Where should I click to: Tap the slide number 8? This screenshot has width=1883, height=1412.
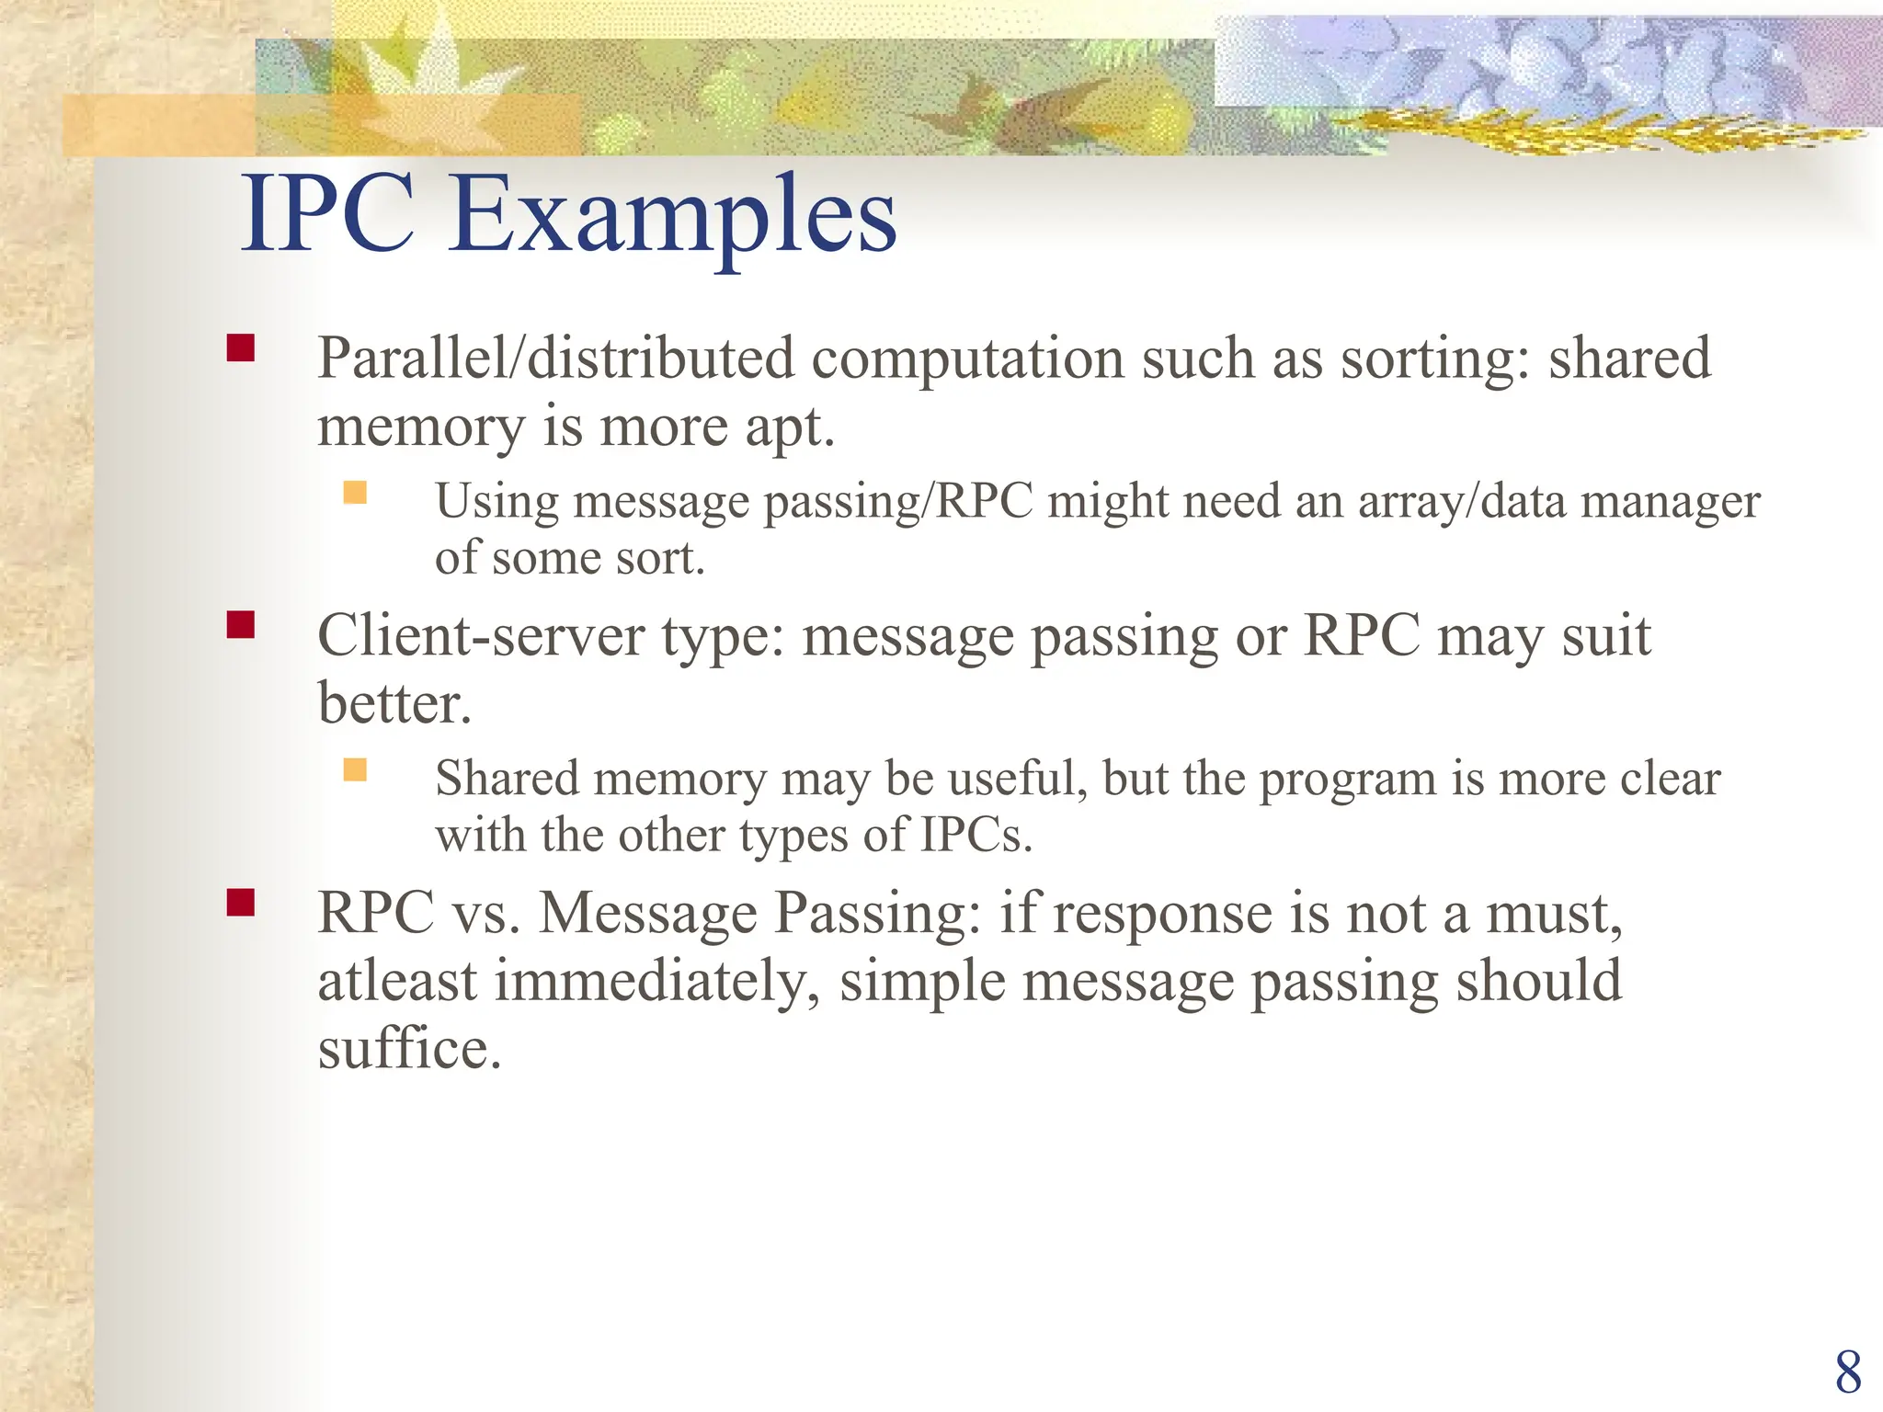pos(1847,1373)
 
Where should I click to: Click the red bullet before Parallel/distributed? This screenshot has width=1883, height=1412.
pos(241,347)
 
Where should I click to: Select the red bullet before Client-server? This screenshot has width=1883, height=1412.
pos(241,625)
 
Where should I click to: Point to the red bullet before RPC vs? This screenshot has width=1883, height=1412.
pos(241,903)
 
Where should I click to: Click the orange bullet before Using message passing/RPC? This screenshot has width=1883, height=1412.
pos(355,494)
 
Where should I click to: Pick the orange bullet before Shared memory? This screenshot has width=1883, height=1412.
pos(355,769)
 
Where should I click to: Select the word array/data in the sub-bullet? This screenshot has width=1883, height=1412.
pos(1462,503)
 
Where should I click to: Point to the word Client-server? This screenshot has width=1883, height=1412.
pos(481,635)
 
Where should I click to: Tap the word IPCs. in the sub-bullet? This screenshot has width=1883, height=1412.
pos(976,835)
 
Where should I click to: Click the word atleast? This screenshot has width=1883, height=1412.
pos(397,981)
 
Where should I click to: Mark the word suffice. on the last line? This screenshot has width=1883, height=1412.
pos(409,1049)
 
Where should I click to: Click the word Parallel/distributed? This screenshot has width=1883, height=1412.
pos(555,359)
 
